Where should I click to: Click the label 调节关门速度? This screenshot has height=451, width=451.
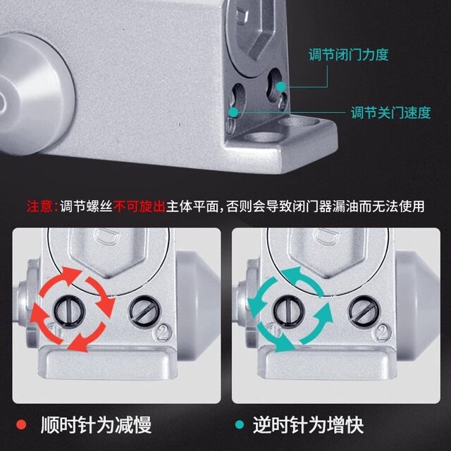click(x=390, y=113)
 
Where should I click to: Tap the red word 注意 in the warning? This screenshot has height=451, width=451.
click(x=40, y=206)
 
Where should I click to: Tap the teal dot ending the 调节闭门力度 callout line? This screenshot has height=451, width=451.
click(x=281, y=86)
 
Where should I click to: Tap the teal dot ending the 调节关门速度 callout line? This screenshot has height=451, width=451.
click(x=233, y=111)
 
